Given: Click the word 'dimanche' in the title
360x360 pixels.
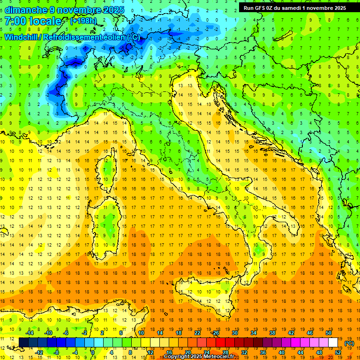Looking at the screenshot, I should click(25, 10).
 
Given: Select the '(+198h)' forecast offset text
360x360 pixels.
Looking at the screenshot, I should click(83, 21).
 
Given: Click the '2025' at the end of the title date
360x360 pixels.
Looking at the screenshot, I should click(113, 10).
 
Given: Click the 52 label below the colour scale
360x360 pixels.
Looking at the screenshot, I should click(338, 352).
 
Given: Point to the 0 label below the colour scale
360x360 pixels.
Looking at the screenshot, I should click(93, 352).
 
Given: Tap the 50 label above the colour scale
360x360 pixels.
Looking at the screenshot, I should click(329, 332).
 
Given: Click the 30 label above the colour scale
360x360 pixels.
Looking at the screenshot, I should click(235, 332).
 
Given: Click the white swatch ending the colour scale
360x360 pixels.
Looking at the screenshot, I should click(333, 343).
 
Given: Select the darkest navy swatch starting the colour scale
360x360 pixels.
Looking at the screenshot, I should click(24, 343).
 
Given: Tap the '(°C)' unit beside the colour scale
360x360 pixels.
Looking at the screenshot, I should click(349, 343).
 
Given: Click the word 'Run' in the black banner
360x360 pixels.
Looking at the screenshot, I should click(249, 8).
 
